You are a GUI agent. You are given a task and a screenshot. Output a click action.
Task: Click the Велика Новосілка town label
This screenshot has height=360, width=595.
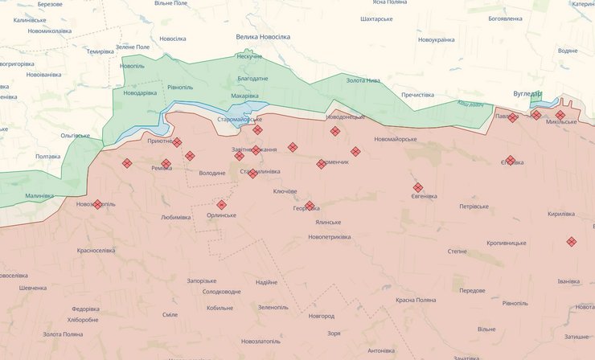[269, 36]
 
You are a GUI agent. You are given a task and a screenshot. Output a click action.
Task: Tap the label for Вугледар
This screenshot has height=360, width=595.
[528, 94]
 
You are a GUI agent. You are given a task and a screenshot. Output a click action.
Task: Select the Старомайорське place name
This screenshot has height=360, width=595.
[240, 120]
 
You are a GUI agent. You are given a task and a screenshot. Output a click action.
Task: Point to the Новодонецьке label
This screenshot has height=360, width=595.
[346, 117]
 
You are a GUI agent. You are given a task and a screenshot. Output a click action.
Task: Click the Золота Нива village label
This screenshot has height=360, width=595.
[363, 80]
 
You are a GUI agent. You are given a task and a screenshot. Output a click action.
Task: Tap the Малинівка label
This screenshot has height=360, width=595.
[39, 195]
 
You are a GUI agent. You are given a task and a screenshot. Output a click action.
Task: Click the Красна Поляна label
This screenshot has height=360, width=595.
[416, 300]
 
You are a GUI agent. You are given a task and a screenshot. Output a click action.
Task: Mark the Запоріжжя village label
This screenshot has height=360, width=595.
[203, 280]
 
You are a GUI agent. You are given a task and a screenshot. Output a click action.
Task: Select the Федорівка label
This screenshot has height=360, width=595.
[85, 309]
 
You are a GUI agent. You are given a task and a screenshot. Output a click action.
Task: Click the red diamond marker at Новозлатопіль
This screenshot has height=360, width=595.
[98, 205]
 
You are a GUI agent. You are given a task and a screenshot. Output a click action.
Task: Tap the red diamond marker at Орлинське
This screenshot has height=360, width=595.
[221, 205]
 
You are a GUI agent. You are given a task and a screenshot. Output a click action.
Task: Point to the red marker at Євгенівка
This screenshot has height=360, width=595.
[418, 187]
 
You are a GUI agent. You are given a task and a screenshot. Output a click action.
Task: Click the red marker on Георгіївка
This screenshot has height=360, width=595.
[310, 206]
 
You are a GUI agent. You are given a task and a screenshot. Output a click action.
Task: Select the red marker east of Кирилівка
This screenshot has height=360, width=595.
[571, 241]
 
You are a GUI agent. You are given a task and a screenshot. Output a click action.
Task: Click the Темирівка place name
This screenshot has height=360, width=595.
[101, 51]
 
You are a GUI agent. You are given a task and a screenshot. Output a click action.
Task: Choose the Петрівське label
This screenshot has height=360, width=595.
[474, 207]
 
